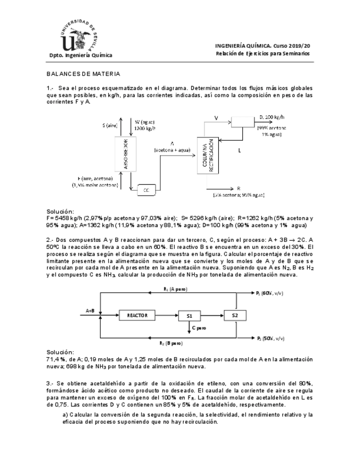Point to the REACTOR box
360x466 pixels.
(x=137, y=315)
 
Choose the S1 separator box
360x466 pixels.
(x=189, y=315)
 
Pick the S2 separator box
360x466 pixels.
(x=235, y=315)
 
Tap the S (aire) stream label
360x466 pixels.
(x=110, y=126)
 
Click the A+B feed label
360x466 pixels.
(x=91, y=310)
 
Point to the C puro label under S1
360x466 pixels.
(x=200, y=328)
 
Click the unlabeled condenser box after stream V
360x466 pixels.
(x=242, y=120)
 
